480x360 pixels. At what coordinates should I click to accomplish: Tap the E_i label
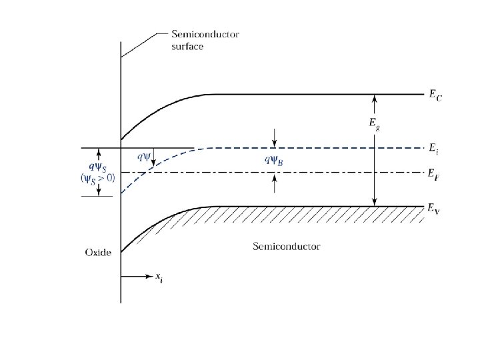(435, 149)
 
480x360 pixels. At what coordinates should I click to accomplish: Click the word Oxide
(98, 252)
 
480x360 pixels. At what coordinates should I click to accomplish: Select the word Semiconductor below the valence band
(287, 247)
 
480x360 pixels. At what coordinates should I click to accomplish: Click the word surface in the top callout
(187, 47)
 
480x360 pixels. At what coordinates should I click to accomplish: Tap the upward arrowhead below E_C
(375, 98)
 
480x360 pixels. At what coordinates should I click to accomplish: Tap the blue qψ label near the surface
(143, 157)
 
